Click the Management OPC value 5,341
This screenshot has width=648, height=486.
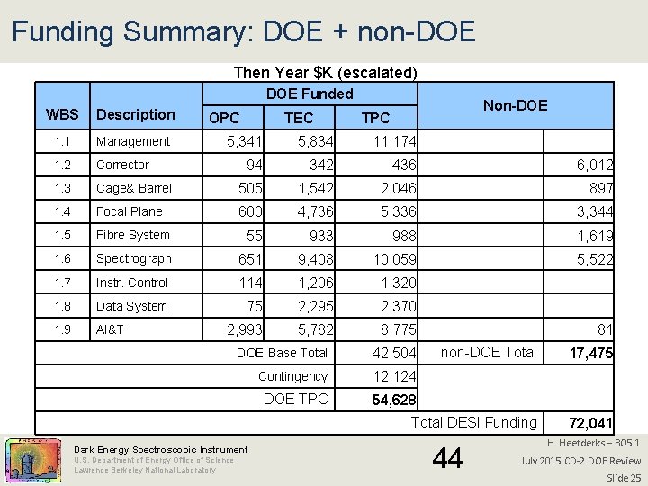244,141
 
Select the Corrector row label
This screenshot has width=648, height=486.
122,165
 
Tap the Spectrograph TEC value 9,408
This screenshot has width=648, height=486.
316,259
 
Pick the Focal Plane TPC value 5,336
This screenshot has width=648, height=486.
398,212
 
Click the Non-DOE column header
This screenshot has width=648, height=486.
515,106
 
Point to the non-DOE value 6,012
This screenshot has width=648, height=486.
595,166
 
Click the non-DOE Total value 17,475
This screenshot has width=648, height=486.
590,354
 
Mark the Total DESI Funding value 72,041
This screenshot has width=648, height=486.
590,423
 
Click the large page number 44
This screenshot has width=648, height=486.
447,459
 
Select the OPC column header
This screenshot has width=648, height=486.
224,118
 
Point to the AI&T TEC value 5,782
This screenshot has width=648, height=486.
316,330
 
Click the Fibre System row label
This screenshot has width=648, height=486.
132,235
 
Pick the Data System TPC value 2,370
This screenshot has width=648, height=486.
398,307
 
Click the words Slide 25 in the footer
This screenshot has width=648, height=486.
623,477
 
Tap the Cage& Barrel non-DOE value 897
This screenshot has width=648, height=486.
600,189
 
